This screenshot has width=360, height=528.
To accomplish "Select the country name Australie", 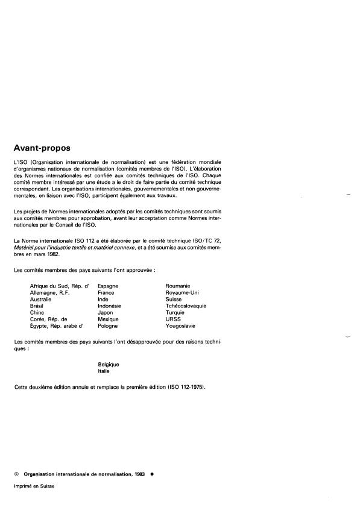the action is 41,299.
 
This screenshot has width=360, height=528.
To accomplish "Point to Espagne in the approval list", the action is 108,286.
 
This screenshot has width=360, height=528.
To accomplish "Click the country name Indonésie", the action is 110,306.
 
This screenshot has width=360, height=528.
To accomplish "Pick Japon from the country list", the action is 106,312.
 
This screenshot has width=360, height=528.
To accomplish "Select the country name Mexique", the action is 108,319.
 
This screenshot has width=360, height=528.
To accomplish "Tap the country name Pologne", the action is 108,325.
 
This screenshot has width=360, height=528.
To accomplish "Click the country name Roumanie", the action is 178,286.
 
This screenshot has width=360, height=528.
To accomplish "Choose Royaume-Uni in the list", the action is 182,292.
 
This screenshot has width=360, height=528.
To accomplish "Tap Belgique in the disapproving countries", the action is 109,365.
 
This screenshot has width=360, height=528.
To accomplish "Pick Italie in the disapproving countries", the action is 104,371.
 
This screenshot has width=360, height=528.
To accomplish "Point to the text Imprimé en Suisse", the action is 34,486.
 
